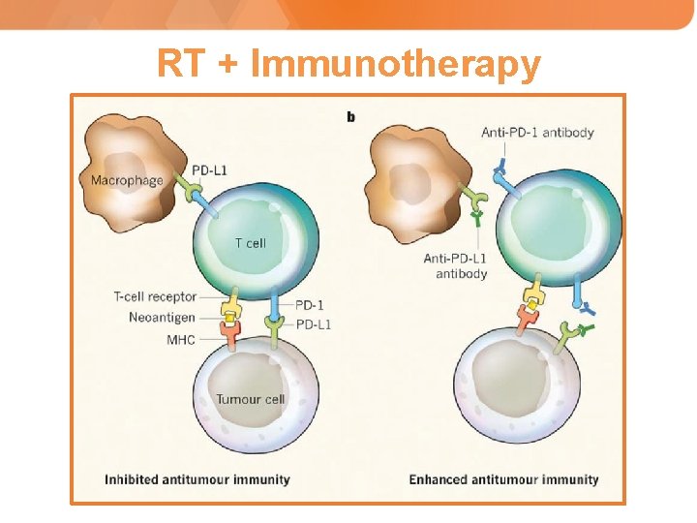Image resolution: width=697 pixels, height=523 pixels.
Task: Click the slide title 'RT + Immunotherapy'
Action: [348, 65]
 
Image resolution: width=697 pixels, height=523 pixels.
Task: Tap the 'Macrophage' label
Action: [127, 180]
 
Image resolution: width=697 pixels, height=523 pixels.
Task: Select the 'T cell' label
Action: [250, 243]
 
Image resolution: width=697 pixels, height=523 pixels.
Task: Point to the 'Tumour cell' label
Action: [250, 399]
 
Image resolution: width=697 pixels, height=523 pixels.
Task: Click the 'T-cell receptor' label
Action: [155, 297]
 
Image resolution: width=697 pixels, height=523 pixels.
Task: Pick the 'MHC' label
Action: [181, 340]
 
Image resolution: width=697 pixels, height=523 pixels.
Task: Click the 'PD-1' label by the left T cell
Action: [309, 305]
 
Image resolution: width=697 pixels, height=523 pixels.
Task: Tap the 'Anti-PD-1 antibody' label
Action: [537, 133]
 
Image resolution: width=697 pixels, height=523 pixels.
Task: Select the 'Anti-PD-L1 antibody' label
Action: [455, 265]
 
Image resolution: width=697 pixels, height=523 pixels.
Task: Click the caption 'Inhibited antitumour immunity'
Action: [197, 479]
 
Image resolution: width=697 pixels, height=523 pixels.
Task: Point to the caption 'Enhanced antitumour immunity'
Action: [503, 479]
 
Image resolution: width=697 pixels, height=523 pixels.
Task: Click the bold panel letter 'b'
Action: [350, 117]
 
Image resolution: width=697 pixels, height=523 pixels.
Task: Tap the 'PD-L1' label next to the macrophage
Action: [209, 170]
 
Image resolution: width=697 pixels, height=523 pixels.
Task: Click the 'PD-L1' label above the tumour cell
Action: [313, 324]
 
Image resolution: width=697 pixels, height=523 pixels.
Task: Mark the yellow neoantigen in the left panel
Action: [230, 312]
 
